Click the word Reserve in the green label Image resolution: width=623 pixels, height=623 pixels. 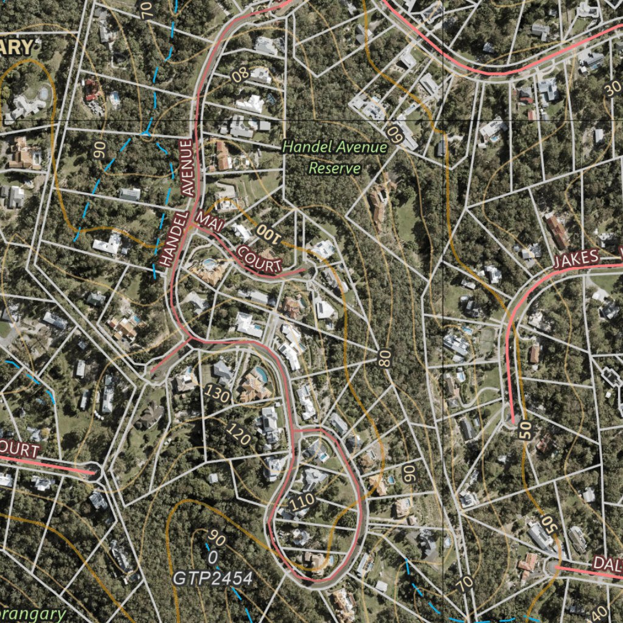tap(335, 168)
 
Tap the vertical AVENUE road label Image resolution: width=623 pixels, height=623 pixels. tap(187, 167)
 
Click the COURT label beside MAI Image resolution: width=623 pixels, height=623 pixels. tap(259, 259)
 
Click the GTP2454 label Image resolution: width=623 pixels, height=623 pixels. tap(212, 578)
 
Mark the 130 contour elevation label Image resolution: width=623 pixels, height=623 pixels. tap(217, 394)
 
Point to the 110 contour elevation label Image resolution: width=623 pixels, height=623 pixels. tap(302, 501)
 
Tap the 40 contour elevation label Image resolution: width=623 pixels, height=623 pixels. tap(599, 612)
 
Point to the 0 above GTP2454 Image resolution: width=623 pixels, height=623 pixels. tap(213, 556)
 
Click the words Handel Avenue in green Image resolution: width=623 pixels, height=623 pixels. tap(335, 147)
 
